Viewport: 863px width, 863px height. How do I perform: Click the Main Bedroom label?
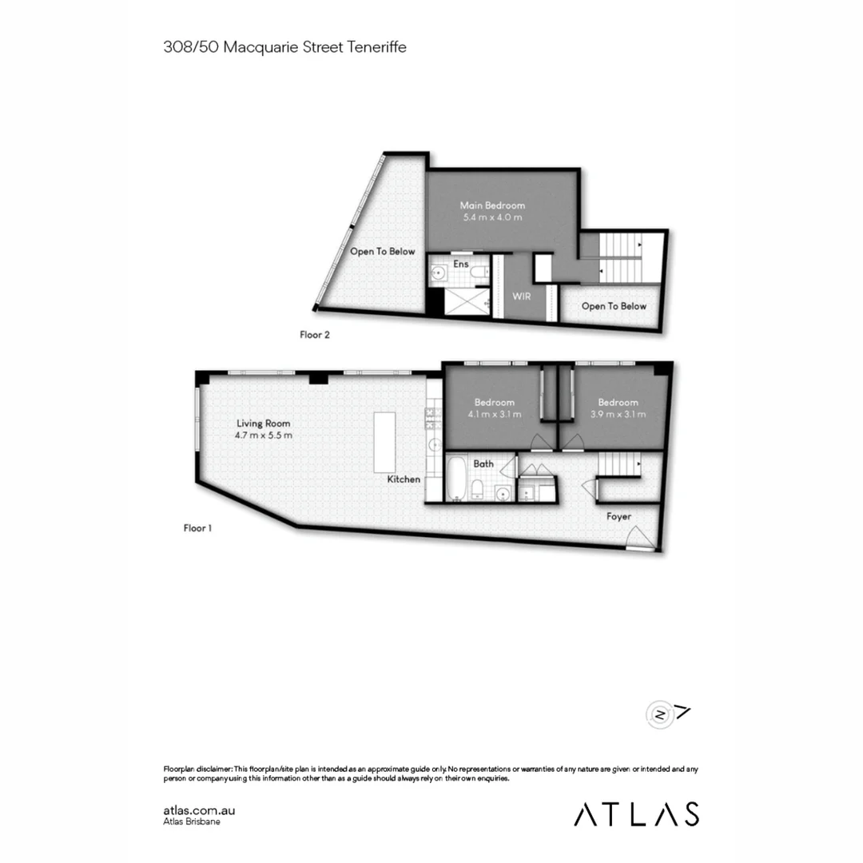[x=492, y=205]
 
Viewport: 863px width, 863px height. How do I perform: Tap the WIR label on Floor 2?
[x=522, y=296]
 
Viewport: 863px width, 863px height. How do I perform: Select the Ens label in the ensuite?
[x=460, y=264]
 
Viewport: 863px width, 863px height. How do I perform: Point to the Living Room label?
[x=263, y=424]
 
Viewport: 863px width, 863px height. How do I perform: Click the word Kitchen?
[x=404, y=479]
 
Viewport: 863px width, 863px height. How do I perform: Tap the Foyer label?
[x=618, y=517]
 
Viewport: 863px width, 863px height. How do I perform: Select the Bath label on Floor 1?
[x=483, y=463]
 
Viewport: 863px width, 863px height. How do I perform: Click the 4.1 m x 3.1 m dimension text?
[x=495, y=415]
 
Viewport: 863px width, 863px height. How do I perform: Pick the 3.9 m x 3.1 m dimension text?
[x=618, y=415]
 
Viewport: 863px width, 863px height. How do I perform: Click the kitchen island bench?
[x=384, y=442]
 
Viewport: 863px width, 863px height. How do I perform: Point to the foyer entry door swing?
[x=639, y=537]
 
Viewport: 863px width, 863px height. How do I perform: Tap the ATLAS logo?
[x=636, y=813]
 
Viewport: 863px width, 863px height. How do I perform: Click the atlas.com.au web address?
[x=199, y=810]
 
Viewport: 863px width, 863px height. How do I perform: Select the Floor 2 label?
[x=315, y=335]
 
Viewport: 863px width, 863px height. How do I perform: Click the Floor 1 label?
[x=197, y=528]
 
